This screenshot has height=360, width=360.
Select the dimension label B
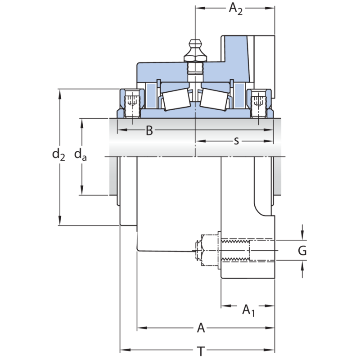tap(149, 131)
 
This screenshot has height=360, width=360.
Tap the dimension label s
tap(236, 141)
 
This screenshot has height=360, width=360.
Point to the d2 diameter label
tap(58, 154)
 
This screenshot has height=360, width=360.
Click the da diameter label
tap(81, 154)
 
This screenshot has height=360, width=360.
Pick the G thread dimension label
tap(302, 251)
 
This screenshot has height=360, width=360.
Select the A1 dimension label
tap(248, 310)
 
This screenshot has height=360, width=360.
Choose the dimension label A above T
tap(201, 328)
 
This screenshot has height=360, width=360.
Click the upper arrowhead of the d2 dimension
tap(60, 93)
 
